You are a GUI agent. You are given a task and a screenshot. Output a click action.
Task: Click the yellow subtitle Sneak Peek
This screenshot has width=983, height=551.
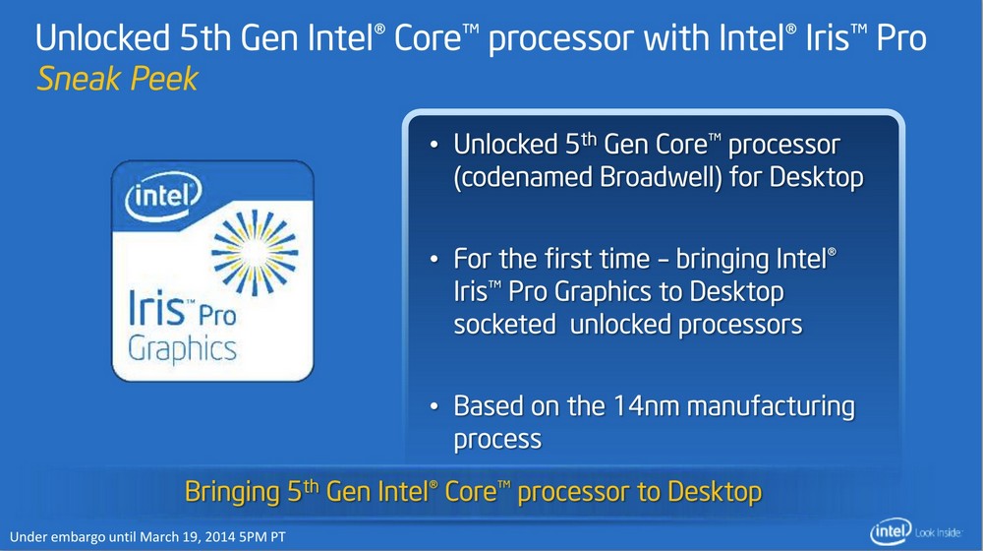tap(117, 80)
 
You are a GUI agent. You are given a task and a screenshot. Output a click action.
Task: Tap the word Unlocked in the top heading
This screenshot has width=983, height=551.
tap(103, 37)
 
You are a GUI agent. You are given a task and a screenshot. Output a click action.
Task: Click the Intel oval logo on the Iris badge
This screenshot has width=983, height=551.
tap(163, 197)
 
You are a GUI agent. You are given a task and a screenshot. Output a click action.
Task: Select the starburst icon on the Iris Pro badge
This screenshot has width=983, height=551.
tap(255, 253)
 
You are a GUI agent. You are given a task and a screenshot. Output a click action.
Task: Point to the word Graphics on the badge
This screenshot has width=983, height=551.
tap(183, 349)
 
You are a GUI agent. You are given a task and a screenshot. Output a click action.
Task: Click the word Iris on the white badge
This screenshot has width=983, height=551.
tap(156, 308)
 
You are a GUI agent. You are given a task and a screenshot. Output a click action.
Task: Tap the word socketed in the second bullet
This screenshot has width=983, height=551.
tap(504, 325)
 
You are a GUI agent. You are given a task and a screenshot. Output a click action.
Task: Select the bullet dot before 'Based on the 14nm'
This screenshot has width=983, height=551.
tap(434, 406)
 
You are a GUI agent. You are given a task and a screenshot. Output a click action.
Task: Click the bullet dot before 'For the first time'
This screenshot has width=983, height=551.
tap(434, 259)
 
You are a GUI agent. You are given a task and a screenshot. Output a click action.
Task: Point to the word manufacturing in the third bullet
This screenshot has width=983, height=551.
tap(771, 407)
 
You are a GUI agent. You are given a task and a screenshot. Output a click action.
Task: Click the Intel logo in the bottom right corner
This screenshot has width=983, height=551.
tap(891, 532)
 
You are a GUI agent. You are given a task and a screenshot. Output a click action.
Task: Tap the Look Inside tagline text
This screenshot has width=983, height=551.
tap(939, 533)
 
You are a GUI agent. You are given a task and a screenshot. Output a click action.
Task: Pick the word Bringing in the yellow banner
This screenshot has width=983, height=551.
tap(232, 492)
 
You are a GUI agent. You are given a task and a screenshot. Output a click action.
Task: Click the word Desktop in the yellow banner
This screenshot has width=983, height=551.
tap(714, 491)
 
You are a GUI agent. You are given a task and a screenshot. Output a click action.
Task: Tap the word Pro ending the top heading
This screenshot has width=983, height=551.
tap(901, 37)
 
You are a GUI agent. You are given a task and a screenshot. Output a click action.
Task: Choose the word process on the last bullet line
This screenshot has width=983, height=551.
tap(497, 440)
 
